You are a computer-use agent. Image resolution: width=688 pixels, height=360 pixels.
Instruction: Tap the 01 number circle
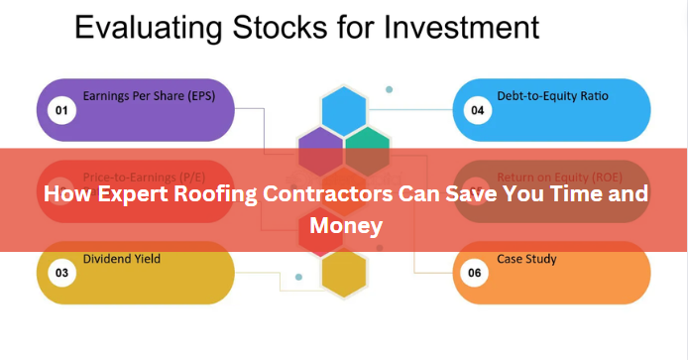click(61, 110)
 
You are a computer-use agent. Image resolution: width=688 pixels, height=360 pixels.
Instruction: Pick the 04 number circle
click(478, 110)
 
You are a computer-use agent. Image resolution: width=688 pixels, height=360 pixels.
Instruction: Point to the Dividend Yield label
click(121, 259)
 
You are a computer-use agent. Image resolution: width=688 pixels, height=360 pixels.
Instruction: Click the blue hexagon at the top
click(344, 108)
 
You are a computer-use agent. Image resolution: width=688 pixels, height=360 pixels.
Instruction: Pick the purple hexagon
click(320, 149)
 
